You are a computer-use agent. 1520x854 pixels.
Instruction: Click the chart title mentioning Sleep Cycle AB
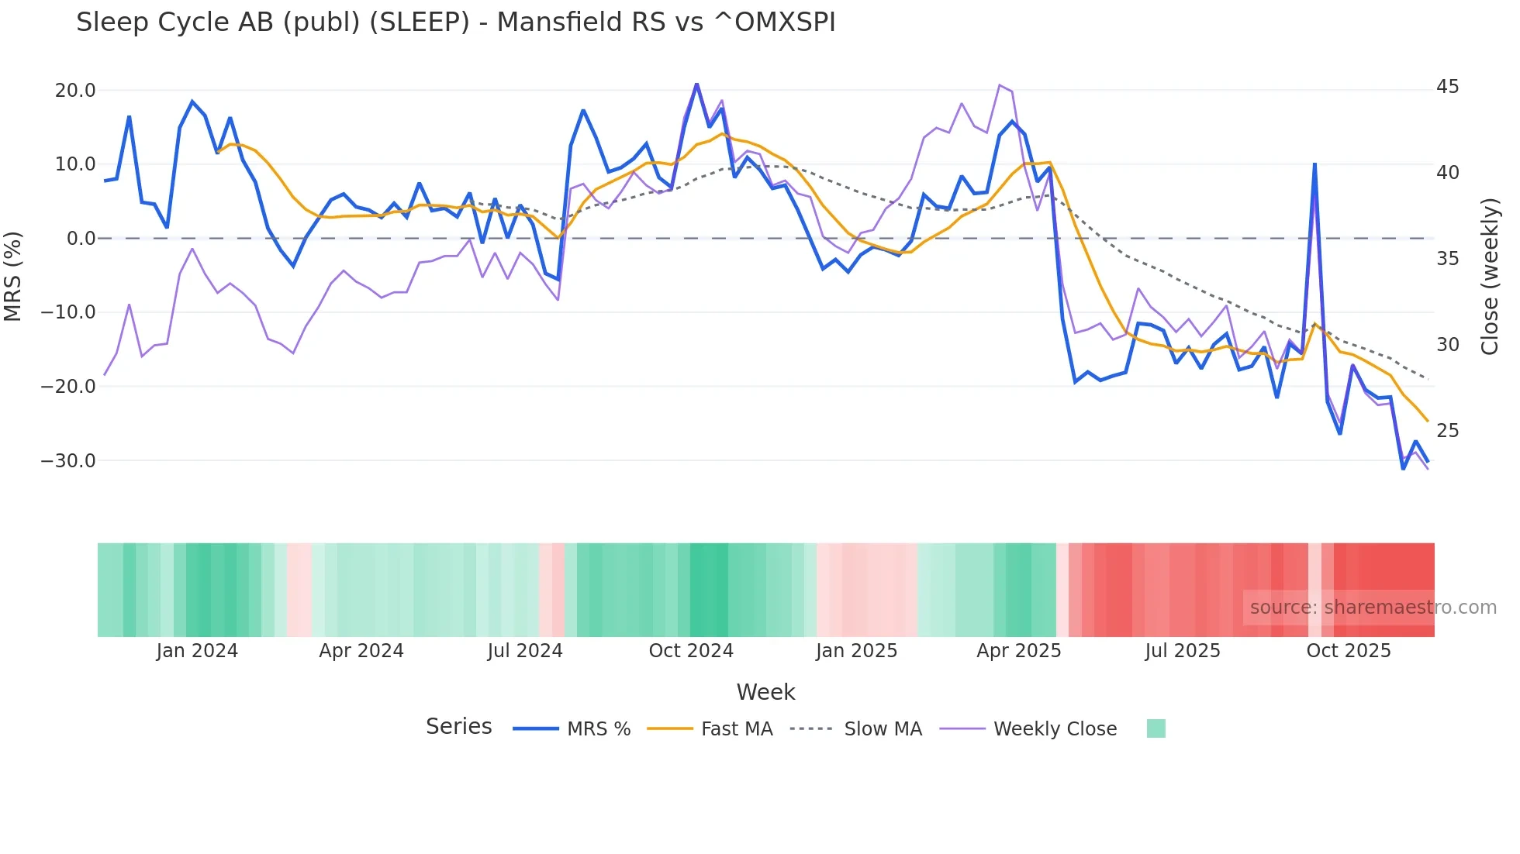tap(455, 22)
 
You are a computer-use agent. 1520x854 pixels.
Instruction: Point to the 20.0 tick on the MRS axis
tap(75, 91)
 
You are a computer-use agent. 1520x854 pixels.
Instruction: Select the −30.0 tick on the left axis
tap(68, 461)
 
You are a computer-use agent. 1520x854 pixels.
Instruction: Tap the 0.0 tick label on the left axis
tap(81, 239)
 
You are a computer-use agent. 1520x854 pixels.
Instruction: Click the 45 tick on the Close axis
tap(1447, 87)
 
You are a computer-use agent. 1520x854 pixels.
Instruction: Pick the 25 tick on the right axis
tap(1447, 431)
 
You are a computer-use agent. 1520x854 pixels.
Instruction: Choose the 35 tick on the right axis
tap(1447, 259)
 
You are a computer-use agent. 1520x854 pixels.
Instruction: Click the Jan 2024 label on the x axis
tap(197, 651)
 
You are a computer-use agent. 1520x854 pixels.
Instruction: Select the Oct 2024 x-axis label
tap(691, 651)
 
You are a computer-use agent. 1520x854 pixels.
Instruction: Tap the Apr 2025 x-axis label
tap(1018, 651)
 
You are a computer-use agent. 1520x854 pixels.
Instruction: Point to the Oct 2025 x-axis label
tap(1349, 651)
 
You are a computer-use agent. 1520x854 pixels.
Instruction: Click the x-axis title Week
tap(765, 692)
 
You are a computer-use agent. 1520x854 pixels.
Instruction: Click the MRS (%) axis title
tap(13, 276)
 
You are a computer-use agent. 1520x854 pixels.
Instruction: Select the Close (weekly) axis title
tap(1490, 277)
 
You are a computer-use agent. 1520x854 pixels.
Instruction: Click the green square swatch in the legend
tap(1156, 728)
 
